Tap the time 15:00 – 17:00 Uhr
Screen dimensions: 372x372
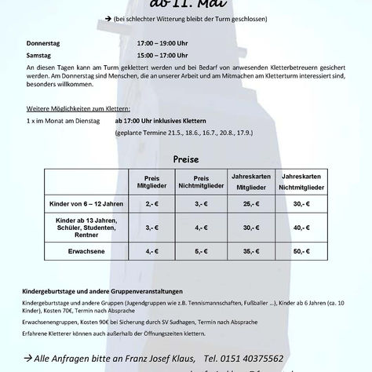point(163,56)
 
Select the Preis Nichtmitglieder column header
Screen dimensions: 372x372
point(202,182)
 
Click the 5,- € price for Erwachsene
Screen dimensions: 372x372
point(202,252)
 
